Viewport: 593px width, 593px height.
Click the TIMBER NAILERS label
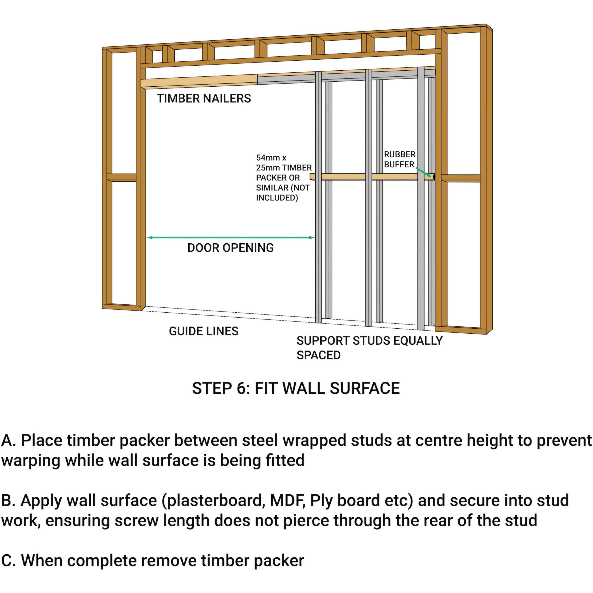point(204,98)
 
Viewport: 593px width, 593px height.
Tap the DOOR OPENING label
point(230,248)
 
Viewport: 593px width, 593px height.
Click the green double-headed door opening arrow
point(230,237)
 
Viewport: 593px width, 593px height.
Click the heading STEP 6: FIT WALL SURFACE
point(296,388)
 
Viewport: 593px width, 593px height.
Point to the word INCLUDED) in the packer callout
point(277,198)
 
